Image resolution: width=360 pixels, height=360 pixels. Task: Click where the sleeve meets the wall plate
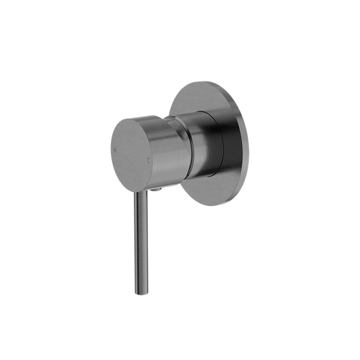pyautogui.click(x=227, y=141)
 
